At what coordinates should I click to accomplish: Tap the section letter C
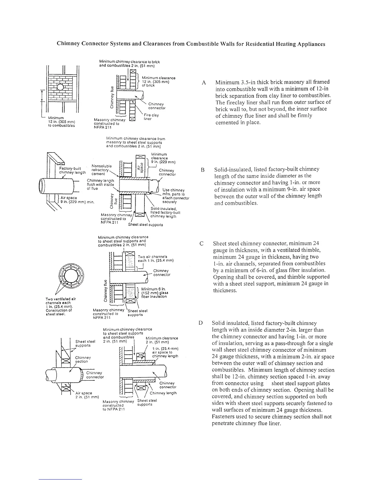(x=201, y=244)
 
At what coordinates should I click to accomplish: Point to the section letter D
(x=201, y=323)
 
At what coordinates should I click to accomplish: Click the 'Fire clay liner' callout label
(x=151, y=117)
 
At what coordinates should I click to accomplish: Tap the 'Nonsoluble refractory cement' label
(x=100, y=170)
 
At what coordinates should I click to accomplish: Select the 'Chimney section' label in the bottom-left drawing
(x=81, y=359)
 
